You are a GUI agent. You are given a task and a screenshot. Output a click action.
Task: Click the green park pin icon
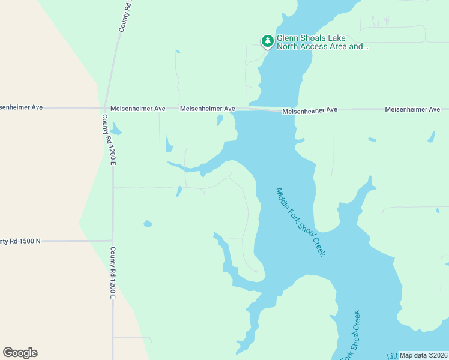point(267,41)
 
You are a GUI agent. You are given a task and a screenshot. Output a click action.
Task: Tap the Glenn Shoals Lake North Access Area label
point(322,41)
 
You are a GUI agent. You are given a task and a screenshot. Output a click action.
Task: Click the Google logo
point(20,353)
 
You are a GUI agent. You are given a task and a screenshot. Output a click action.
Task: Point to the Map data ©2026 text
point(423,355)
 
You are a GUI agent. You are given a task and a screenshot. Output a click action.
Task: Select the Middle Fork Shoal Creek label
point(300,222)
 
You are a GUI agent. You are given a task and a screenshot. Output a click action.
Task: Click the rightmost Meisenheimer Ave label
point(412,109)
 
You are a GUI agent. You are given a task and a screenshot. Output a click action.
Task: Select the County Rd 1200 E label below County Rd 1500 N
point(112,273)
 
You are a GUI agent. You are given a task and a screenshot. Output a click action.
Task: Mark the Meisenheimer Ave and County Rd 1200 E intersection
point(105,108)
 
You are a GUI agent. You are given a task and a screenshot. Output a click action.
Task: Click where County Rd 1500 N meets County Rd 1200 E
point(112,241)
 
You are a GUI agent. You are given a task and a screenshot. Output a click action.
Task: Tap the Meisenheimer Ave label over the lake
point(310,110)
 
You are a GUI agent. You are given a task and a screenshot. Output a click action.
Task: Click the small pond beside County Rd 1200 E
point(116,130)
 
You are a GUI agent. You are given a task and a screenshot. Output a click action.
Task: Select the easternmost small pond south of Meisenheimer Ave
point(431,137)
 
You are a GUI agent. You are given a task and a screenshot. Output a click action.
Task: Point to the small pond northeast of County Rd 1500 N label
point(148,224)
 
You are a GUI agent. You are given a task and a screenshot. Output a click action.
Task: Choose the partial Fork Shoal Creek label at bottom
point(352,336)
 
